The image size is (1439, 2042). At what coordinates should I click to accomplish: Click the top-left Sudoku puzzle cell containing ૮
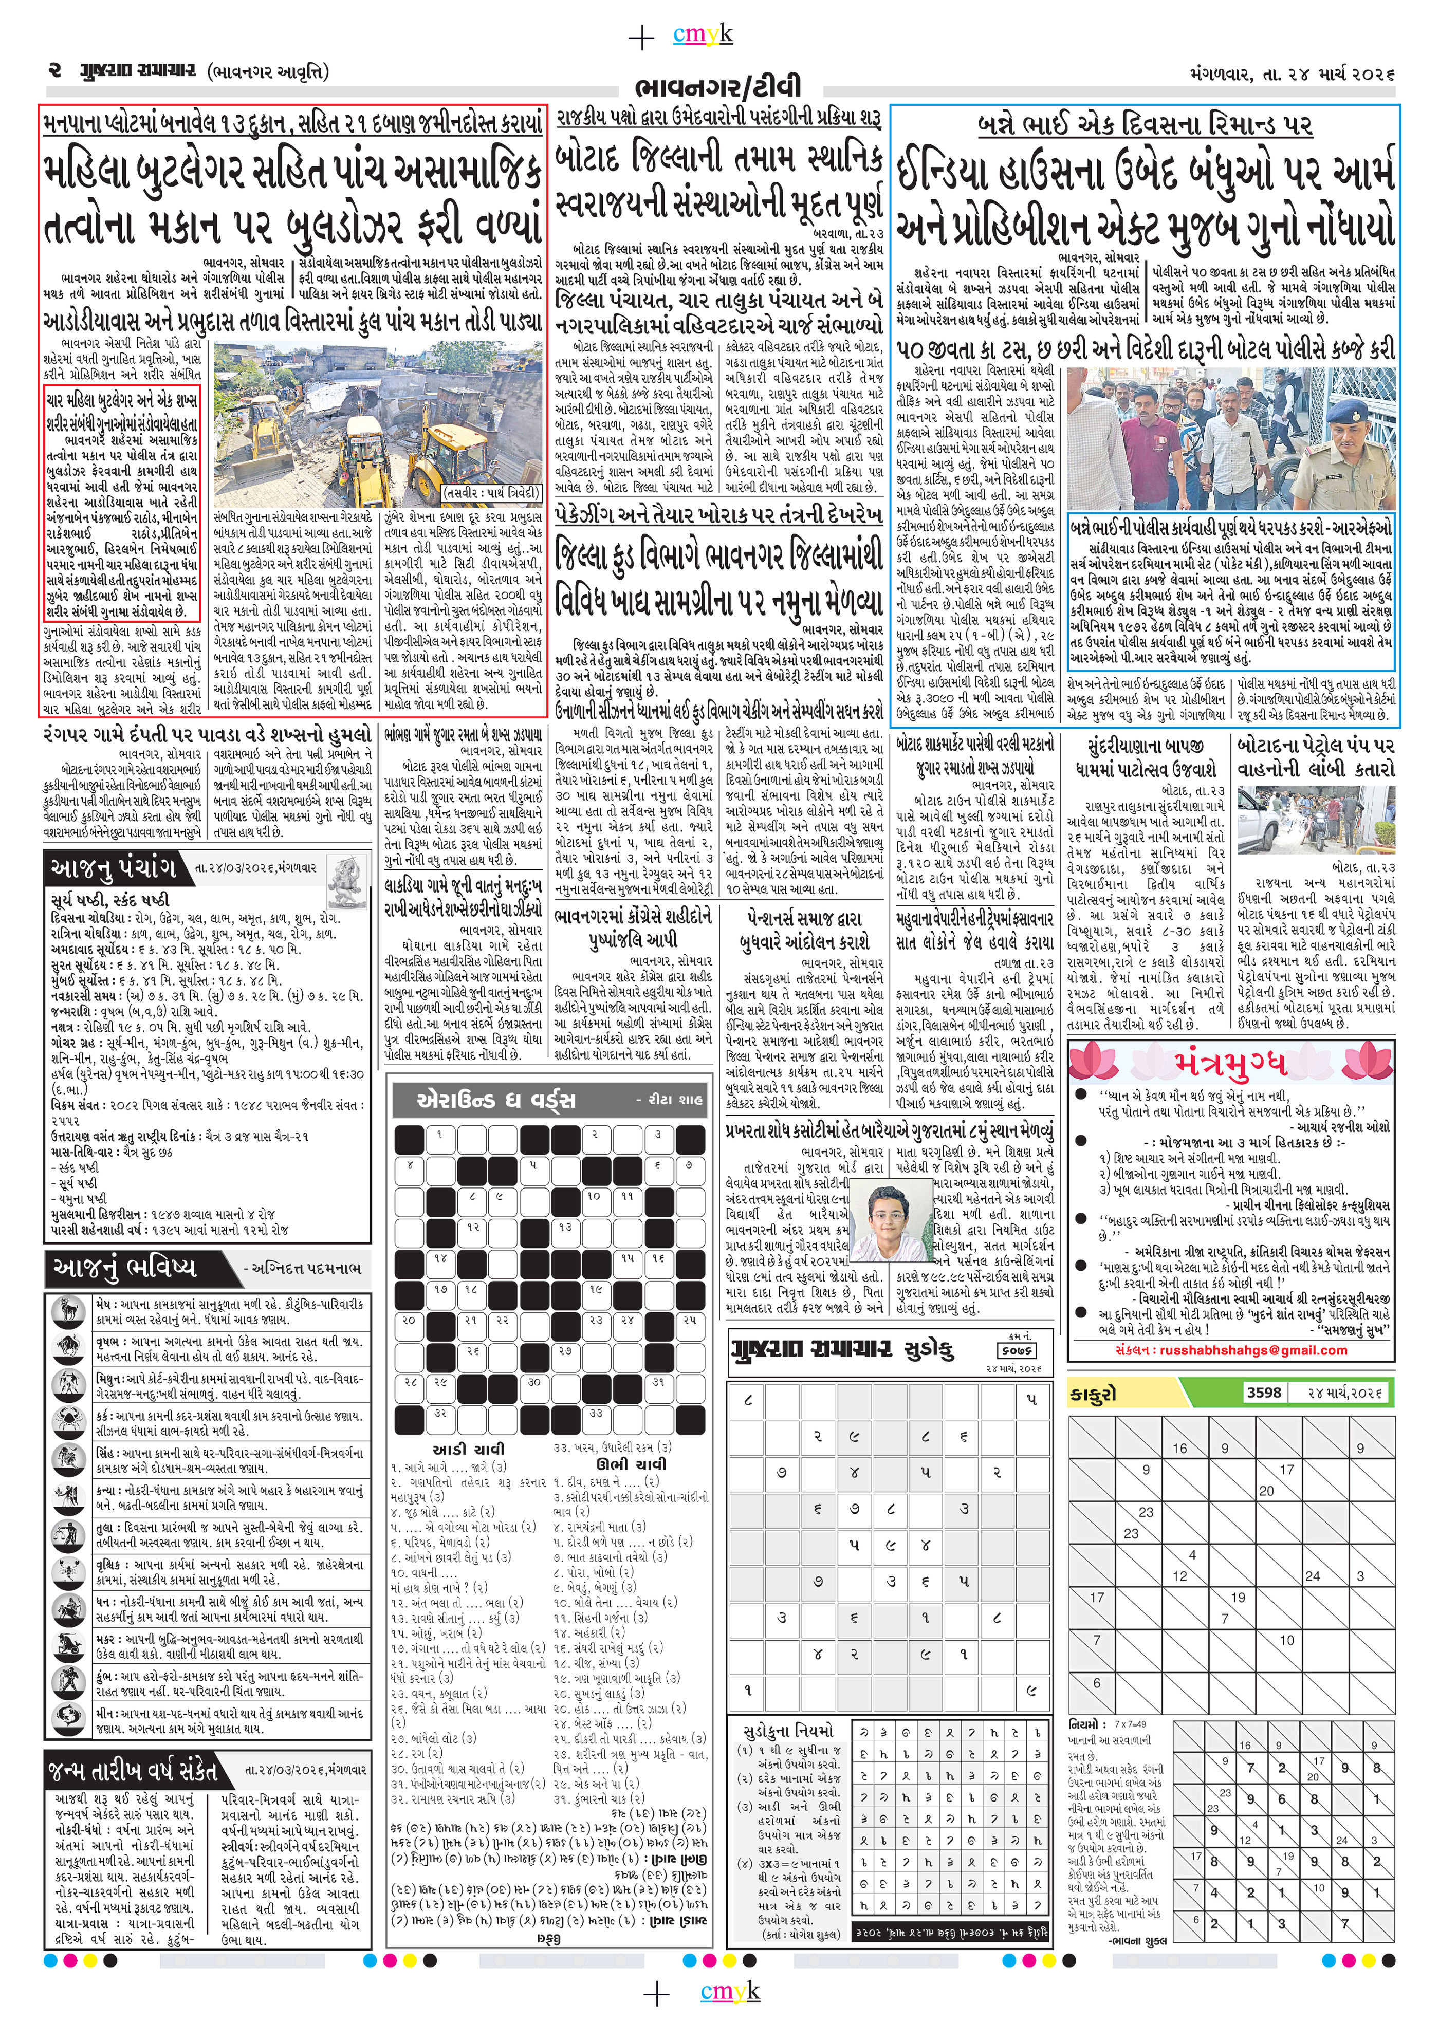[x=747, y=1400]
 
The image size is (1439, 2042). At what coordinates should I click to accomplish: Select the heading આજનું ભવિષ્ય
[x=124, y=1267]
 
